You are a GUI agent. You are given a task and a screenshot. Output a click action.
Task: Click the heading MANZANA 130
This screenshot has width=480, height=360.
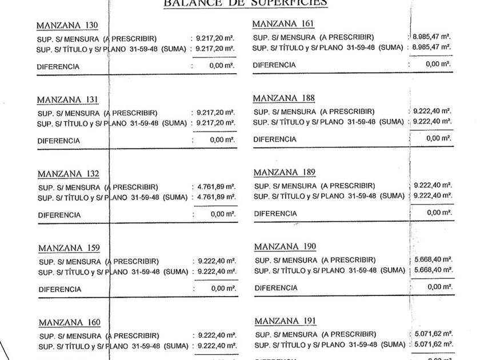pyautogui.click(x=67, y=26)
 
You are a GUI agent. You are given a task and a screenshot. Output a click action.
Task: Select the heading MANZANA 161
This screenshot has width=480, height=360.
pyautogui.click(x=283, y=24)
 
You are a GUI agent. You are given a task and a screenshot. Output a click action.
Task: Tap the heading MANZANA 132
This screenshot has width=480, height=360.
pyautogui.click(x=68, y=174)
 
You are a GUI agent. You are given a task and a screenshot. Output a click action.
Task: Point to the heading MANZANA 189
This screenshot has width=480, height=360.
pyautogui.click(x=284, y=172)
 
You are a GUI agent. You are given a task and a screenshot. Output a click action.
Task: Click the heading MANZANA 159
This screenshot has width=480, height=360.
pyautogui.click(x=69, y=248)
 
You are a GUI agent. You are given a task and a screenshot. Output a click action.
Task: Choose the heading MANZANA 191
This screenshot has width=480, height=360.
pyautogui.click(x=285, y=321)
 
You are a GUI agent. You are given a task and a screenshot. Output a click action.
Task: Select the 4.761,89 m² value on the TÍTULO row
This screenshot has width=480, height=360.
pyautogui.click(x=215, y=198)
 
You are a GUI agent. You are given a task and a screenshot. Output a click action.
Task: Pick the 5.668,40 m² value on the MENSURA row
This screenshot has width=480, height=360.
pyautogui.click(x=434, y=259)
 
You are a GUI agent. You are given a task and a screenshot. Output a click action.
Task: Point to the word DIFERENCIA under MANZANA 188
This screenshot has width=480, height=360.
pyautogui.click(x=275, y=139)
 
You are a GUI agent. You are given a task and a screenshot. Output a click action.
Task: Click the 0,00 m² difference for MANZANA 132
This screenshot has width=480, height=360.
pyautogui.click(x=223, y=214)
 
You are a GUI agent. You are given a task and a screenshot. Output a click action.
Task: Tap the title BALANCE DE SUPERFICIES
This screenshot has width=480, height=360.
pyautogui.click(x=246, y=3)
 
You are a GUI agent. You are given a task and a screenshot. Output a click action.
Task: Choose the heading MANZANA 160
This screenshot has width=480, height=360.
pyautogui.click(x=69, y=323)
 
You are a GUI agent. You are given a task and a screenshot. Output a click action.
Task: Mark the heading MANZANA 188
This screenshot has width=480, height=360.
pyautogui.click(x=283, y=98)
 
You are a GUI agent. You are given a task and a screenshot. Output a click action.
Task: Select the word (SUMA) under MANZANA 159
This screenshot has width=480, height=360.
pyautogui.click(x=176, y=272)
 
